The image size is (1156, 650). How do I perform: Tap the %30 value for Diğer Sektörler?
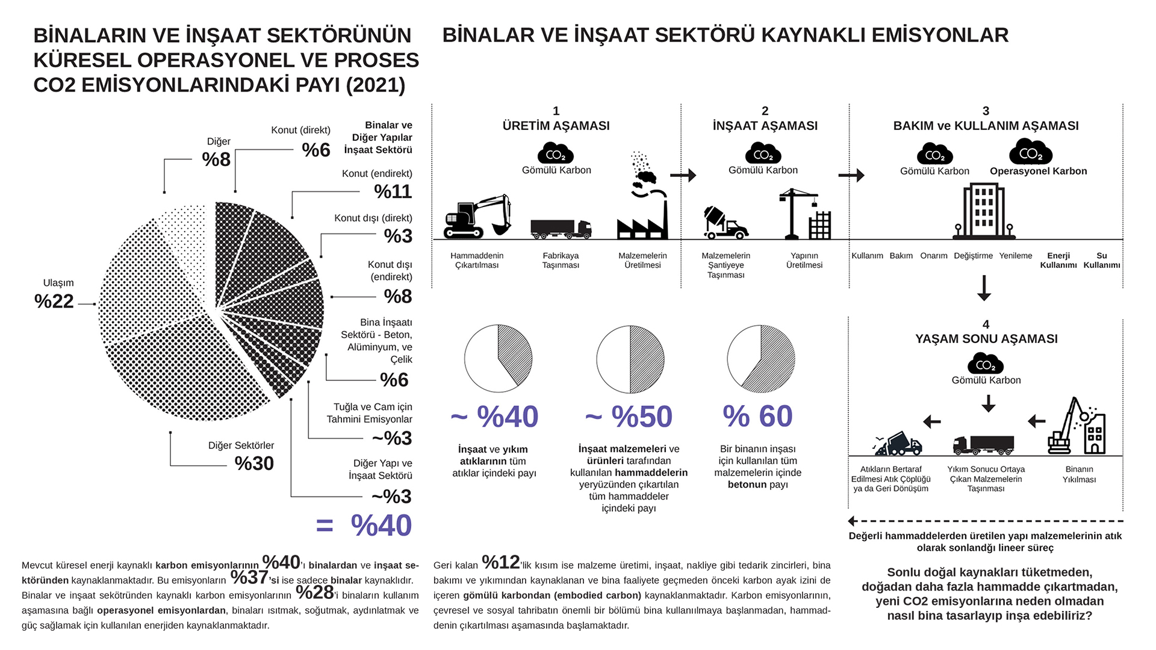(x=254, y=463)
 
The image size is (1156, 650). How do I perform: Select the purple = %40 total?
(x=365, y=525)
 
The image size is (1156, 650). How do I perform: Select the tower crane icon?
(x=804, y=214)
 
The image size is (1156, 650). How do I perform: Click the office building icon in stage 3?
(x=984, y=211)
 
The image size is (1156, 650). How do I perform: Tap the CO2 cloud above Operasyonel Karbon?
(x=1030, y=152)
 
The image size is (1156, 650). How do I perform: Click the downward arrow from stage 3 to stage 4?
(x=984, y=288)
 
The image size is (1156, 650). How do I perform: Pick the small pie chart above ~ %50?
(x=630, y=359)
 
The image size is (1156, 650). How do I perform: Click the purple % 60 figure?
(x=757, y=416)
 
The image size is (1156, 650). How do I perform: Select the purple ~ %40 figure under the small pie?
(x=494, y=417)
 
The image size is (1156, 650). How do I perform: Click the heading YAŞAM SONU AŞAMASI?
(x=986, y=339)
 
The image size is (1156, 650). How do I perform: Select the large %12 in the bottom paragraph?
(x=501, y=562)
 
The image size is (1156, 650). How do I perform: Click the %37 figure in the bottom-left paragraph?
(x=249, y=578)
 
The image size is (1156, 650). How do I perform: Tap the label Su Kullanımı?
(x=1101, y=261)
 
